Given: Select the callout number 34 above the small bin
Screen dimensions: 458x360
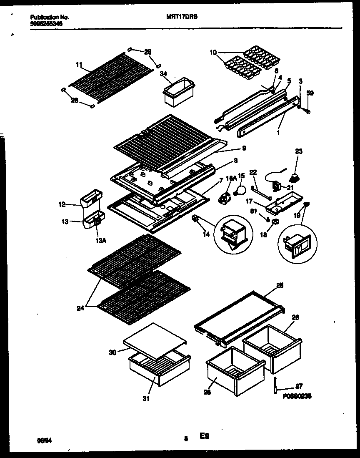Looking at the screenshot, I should (x=163, y=73).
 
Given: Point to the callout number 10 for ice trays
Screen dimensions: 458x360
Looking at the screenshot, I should (x=213, y=53).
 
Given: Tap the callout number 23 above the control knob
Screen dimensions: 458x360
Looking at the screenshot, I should (x=299, y=151).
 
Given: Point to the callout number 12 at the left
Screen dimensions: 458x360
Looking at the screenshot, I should (x=62, y=204).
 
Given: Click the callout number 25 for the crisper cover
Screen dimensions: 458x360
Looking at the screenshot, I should (x=280, y=285).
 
